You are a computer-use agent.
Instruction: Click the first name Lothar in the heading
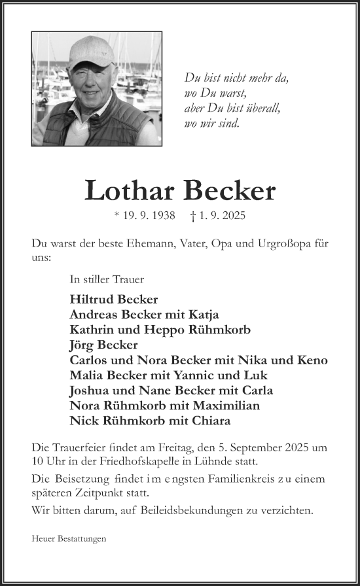(131, 190)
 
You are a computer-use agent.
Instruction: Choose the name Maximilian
(226, 405)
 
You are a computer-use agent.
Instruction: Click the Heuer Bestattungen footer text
(69, 540)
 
